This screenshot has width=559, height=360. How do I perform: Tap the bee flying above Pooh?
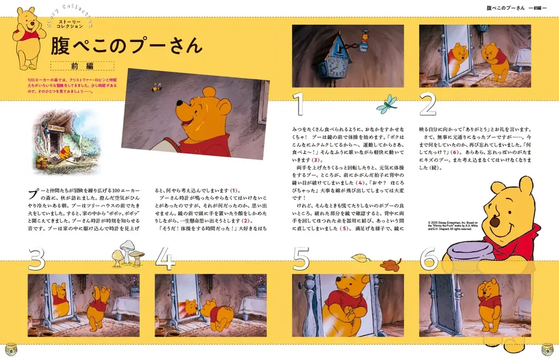point(157,87)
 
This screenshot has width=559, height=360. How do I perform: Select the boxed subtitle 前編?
point(82,66)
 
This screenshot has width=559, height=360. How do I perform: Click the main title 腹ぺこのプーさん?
point(126,46)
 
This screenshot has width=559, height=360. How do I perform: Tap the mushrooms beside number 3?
point(127,256)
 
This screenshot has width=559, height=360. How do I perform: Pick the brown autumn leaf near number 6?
point(390,265)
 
